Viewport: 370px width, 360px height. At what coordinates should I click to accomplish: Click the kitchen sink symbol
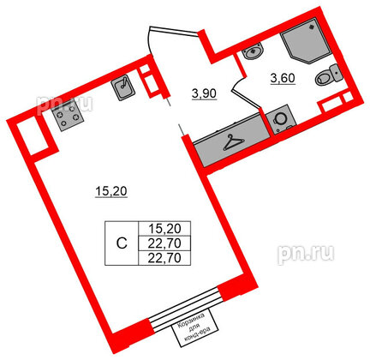pyautogui.click(x=123, y=88)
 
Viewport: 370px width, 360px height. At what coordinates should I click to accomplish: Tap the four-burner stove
pyautogui.click(x=68, y=117)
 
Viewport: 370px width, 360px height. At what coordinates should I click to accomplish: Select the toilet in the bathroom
pyautogui.click(x=328, y=75)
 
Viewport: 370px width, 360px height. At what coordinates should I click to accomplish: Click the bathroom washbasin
pyautogui.click(x=253, y=51)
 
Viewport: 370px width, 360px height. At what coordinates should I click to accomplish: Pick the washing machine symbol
pyautogui.click(x=281, y=120)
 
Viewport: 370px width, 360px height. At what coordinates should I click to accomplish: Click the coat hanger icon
pyautogui.click(x=234, y=142)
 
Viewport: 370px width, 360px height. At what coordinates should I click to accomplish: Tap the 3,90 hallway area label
pyautogui.click(x=205, y=94)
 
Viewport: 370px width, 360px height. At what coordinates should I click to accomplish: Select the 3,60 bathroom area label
pyautogui.click(x=283, y=78)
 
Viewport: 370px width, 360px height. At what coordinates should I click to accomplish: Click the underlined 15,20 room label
pyautogui.click(x=110, y=192)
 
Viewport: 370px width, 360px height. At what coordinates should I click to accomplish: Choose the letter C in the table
pyautogui.click(x=122, y=243)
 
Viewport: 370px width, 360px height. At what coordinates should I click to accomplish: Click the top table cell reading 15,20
pyautogui.click(x=164, y=229)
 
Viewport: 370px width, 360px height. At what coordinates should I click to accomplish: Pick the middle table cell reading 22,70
pyautogui.click(x=164, y=243)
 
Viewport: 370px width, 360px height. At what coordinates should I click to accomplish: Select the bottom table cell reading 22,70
pyautogui.click(x=164, y=258)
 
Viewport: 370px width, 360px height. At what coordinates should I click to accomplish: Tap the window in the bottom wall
pyautogui.click(x=186, y=308)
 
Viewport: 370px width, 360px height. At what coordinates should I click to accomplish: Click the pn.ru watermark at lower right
pyautogui.click(x=306, y=253)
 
